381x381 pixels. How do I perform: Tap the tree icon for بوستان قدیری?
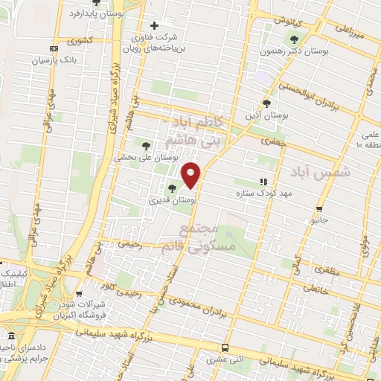tap(173, 189)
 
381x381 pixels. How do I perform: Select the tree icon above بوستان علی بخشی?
tap(146, 146)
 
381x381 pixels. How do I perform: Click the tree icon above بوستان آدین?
tap(267, 103)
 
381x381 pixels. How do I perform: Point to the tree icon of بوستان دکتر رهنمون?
tap(295, 39)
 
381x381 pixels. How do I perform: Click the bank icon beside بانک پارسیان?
tap(53, 48)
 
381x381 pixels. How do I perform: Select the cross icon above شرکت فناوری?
tap(154, 25)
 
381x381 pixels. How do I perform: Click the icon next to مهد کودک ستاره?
tap(262, 181)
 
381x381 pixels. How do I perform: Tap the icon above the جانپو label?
tap(319, 209)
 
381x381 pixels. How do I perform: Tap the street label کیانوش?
tap(284, 21)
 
